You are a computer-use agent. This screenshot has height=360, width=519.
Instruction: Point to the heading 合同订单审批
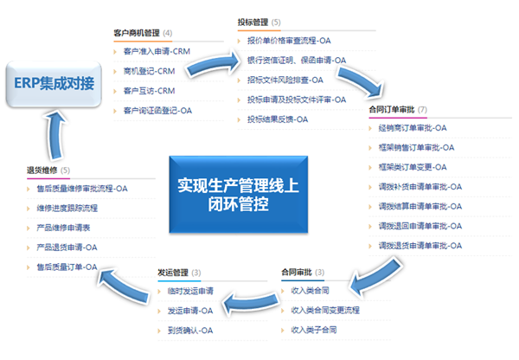390,110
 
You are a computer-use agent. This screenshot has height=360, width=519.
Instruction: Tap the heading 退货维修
42,170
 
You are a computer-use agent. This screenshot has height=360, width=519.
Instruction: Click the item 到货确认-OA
190,330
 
